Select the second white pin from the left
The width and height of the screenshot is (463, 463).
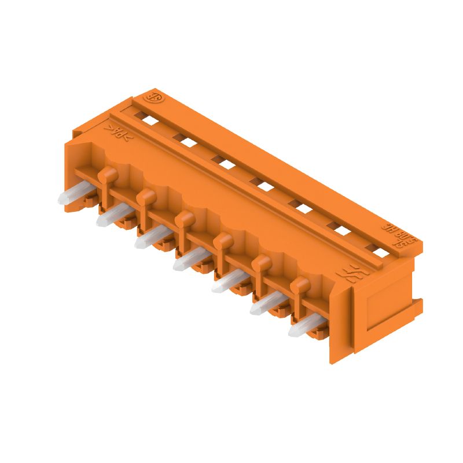tap(110, 216)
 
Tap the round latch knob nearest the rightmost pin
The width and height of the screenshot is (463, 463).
tap(300, 284)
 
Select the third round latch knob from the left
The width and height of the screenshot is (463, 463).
tap(184, 218)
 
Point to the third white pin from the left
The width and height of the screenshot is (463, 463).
tap(148, 238)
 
